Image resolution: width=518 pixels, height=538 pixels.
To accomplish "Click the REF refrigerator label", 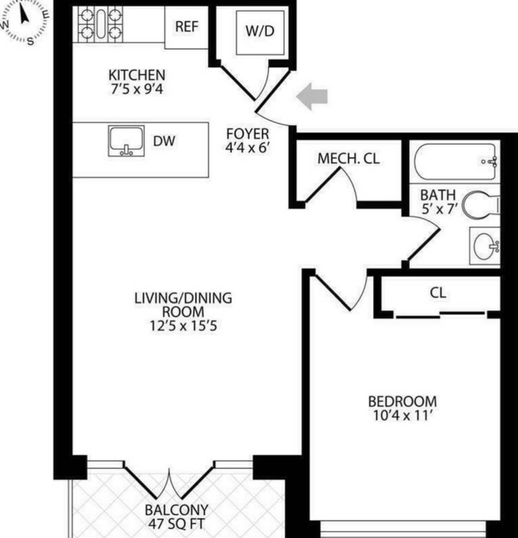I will coord(186,27).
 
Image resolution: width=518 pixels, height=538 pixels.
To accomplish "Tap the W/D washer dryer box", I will coord(260,31).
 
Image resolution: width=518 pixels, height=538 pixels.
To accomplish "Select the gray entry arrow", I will coord(312,96).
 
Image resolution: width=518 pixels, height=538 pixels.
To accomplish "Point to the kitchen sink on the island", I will coord(126,141).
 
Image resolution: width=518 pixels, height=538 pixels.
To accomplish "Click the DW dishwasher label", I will coord(164,141).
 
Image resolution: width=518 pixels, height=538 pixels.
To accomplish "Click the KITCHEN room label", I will coord(136,74).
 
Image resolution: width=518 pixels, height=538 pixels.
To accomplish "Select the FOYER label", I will coord(247,134).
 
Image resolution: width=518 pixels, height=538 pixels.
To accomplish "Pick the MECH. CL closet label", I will coord(349,159).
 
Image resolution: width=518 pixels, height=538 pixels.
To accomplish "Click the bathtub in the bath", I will coord(454,161).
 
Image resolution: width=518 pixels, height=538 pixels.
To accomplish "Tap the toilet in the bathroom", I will coord(480,205).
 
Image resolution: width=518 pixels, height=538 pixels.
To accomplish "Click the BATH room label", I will coord(437,195).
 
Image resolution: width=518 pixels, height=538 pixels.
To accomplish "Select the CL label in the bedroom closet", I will coord(437,292).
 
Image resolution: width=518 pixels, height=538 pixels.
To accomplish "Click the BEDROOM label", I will coord(402,401).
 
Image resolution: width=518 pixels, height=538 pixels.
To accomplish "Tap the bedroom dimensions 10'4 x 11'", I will coord(402,416).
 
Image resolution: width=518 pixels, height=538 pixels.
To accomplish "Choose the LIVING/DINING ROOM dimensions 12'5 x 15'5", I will coord(183,326).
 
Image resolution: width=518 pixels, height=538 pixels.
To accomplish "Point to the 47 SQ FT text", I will coord(176,523).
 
